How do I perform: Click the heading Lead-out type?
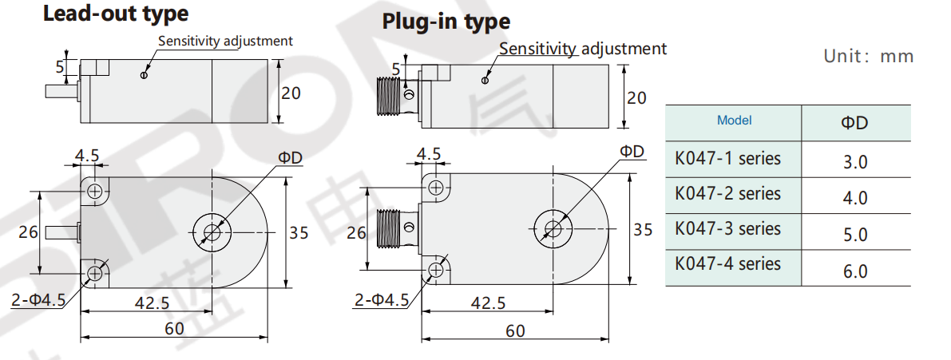coord(116,14)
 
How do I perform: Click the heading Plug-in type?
coord(446,21)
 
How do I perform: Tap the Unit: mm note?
coord(868,57)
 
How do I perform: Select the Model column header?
coord(734,121)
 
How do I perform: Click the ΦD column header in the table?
coord(854,122)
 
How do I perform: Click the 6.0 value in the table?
coord(854,271)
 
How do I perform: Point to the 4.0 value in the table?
coord(854,197)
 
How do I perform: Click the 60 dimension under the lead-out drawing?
coord(173,328)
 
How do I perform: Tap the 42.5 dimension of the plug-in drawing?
coord(488,303)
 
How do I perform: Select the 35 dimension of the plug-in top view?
coord(642,230)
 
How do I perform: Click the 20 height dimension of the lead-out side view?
coord(291,93)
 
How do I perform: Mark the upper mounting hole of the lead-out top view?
coord(96,191)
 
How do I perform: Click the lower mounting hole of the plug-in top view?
coord(436,270)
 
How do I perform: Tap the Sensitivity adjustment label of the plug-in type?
coord(582,49)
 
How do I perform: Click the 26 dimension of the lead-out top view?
coord(28,232)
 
